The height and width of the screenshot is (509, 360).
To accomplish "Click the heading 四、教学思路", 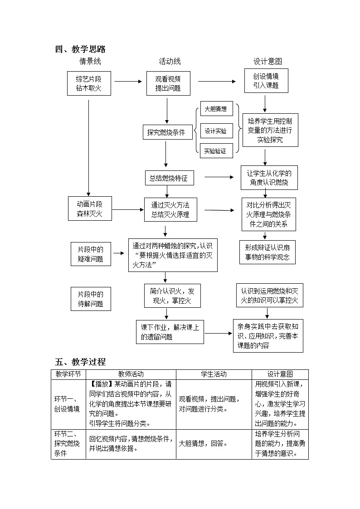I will pyautogui.click(x=80, y=49).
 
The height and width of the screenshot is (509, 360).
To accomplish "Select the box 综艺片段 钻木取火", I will pyautogui.click(x=89, y=83).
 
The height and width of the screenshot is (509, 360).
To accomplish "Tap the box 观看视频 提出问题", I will pyautogui.click(x=168, y=83).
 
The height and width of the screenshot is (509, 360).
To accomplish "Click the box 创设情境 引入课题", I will pyautogui.click(x=266, y=80).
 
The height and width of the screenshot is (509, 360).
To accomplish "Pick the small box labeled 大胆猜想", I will pyautogui.click(x=216, y=109).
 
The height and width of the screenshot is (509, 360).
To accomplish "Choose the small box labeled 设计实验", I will pyautogui.click(x=216, y=131).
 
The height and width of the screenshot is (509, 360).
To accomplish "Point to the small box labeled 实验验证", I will pyautogui.click(x=216, y=150).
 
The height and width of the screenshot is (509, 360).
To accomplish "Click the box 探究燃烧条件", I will pyautogui.click(x=166, y=132).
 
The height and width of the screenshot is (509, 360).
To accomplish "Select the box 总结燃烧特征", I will pyautogui.click(x=168, y=178).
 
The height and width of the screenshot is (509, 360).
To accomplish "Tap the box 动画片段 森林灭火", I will pyautogui.click(x=89, y=208).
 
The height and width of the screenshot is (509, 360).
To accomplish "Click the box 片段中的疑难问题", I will pyautogui.click(x=91, y=254).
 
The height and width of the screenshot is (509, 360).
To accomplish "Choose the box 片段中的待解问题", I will pyautogui.click(x=91, y=299).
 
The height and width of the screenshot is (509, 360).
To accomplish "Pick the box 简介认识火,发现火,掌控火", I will pyautogui.click(x=172, y=295).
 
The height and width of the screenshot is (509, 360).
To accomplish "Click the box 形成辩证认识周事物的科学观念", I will pyautogui.click(x=267, y=252).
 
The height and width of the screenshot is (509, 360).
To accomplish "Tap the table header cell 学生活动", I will pyautogui.click(x=214, y=374).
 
